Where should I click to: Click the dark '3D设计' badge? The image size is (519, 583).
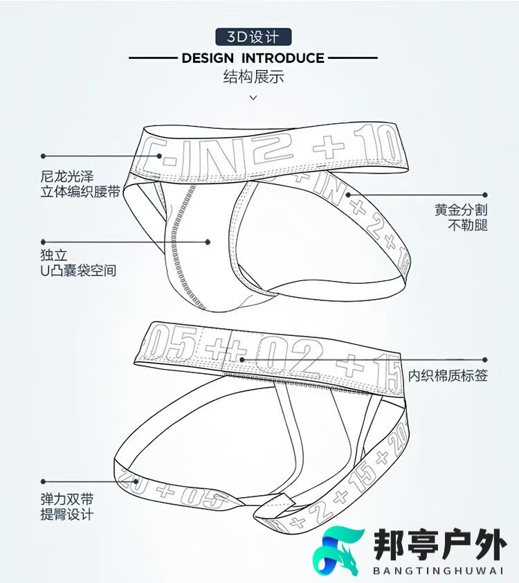pyautogui.click(x=253, y=37)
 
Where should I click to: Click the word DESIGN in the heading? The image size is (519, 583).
pyautogui.click(x=208, y=58)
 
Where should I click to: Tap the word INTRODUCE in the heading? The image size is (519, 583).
pyautogui.click(x=283, y=58)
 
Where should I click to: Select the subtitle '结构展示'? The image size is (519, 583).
pyautogui.click(x=253, y=77)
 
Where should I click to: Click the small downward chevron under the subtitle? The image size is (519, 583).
pyautogui.click(x=253, y=98)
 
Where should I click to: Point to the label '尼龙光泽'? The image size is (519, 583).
pyautogui.click(x=67, y=177)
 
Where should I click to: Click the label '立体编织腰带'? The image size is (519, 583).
pyautogui.click(x=80, y=192)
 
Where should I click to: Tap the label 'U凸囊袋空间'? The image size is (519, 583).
pyautogui.click(x=78, y=270)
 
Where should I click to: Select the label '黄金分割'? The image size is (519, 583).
pyautogui.click(x=461, y=210)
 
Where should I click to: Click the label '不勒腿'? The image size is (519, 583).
pyautogui.click(x=468, y=225)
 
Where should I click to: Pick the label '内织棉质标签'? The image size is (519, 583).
pyautogui.click(x=448, y=375)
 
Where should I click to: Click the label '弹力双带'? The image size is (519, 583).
pyautogui.click(x=67, y=499)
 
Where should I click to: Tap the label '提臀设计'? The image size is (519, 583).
pyautogui.click(x=67, y=514)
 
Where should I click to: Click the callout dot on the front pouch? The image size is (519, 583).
pyautogui.click(x=208, y=242)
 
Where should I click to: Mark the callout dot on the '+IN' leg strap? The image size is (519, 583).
pyautogui.click(x=348, y=195)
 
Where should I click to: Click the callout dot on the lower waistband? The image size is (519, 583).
pyautogui.click(x=242, y=359)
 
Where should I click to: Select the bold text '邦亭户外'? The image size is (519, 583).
pyautogui.click(x=440, y=545)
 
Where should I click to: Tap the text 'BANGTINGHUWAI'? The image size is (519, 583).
pyautogui.click(x=438, y=571)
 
